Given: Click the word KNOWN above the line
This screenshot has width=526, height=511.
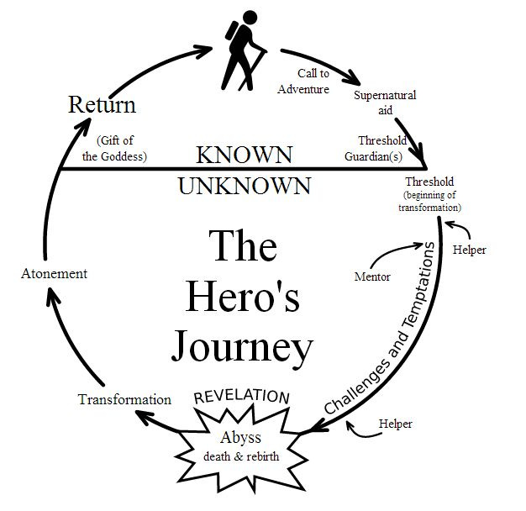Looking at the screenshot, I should coord(244,155).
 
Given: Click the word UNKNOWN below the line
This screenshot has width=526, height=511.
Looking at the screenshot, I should coord(245,185).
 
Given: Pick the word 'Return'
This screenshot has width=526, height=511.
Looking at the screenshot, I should coord(102,106).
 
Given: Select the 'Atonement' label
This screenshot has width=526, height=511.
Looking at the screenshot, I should coord(53,274).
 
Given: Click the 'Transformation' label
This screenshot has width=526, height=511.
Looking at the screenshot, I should coord(124,399).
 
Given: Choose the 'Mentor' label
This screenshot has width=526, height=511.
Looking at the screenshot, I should coord(373,277).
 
